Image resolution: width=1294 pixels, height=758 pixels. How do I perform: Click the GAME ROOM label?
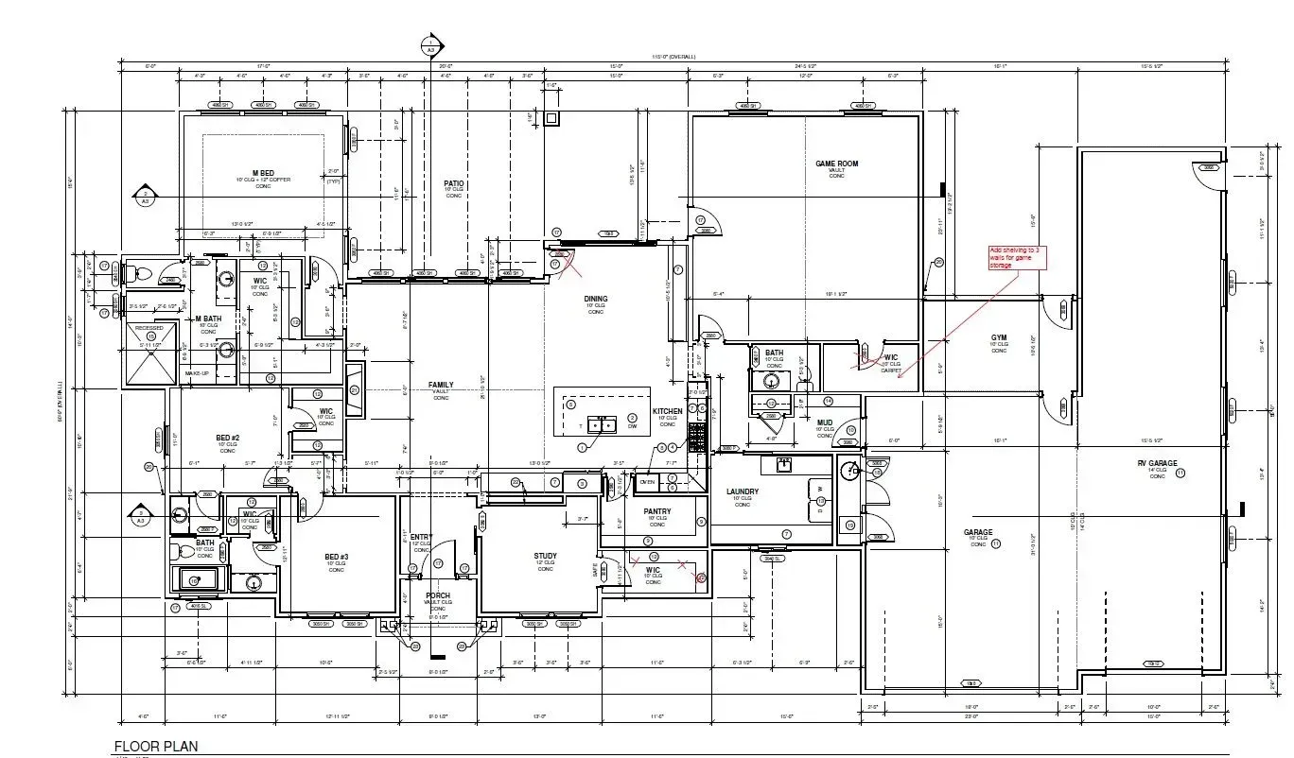coord(836,164)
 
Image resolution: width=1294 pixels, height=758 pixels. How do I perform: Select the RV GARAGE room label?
coord(1157,463)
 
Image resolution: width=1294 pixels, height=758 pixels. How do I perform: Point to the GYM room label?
coord(999,337)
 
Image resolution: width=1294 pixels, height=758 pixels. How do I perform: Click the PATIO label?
coord(456,183)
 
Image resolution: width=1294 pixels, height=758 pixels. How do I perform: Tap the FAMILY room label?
coord(441,385)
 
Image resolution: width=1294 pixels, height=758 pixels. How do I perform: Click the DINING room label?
coord(595,299)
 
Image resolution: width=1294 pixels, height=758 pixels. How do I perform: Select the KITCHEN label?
coord(667,411)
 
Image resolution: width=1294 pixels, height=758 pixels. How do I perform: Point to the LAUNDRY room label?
coord(743,491)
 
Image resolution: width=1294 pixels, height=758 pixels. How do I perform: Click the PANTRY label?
coord(657,511)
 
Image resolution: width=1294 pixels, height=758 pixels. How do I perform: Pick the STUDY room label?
coord(545,556)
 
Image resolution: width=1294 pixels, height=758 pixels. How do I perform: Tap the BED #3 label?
coord(336,557)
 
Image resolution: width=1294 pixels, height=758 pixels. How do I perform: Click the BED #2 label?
coord(228,438)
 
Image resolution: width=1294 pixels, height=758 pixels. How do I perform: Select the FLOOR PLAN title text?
coord(157,746)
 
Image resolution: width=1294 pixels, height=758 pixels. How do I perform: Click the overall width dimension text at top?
coord(673,57)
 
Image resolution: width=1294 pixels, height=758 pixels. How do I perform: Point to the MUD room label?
coord(825,423)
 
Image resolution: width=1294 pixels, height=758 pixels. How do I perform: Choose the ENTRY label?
coord(421,537)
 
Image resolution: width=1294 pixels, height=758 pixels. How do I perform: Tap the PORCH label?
coord(437,595)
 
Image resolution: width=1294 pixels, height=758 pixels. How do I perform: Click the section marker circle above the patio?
coord(431,43)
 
